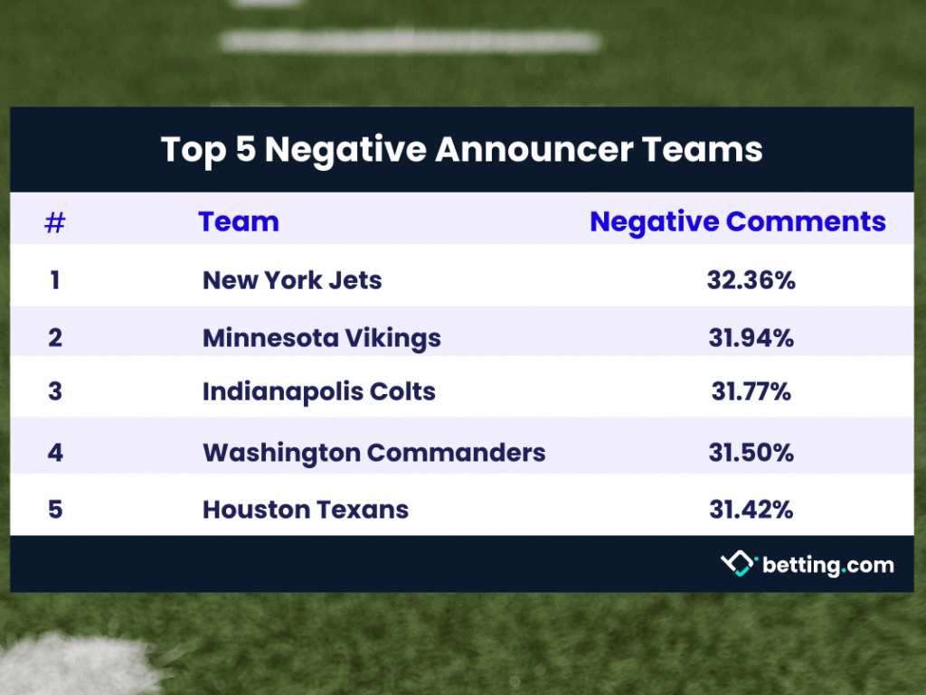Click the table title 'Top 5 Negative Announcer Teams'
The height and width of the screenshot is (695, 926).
(461, 149)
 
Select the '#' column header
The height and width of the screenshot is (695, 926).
(55, 222)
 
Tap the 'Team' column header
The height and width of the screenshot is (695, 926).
(239, 221)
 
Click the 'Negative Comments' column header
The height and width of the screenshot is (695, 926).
(738, 221)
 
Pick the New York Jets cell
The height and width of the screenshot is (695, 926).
(292, 280)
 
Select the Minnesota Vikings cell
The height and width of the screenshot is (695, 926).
(322, 338)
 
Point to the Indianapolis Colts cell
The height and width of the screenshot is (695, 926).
(319, 392)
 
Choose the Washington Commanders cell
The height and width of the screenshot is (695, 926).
(374, 452)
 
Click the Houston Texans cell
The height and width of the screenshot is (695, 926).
(306, 510)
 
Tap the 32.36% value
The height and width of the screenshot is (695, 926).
(751, 280)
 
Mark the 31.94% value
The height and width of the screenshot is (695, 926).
(751, 338)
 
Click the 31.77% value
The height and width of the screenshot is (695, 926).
(751, 392)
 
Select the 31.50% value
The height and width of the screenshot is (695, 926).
(751, 452)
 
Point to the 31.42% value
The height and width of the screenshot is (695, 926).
(751, 510)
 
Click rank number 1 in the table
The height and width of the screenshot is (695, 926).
(55, 280)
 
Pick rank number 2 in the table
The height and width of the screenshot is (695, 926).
(55, 338)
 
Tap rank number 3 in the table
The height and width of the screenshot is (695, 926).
(55, 392)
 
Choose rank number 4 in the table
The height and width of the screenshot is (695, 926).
(55, 452)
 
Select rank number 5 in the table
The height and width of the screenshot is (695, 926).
(55, 510)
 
